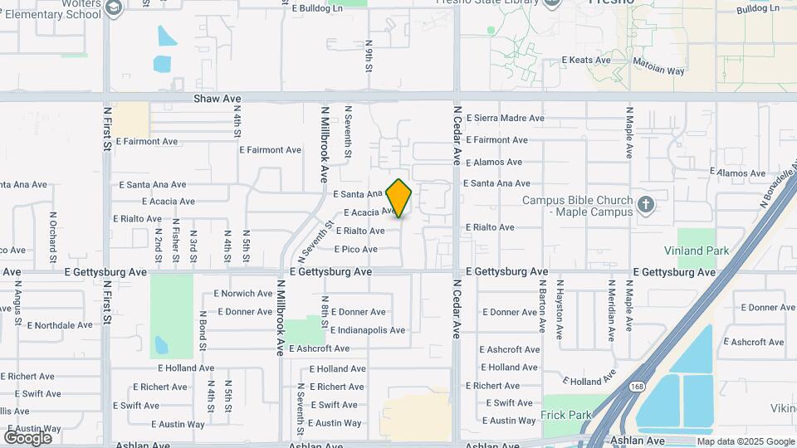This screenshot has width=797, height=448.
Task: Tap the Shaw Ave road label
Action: pos(218,99)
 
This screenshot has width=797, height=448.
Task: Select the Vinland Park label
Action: pos(697,251)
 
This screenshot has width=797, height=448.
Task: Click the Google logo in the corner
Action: pos(28,437)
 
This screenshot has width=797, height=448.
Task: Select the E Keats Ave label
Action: pos(586,61)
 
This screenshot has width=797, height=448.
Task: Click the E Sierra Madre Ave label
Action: pos(505,119)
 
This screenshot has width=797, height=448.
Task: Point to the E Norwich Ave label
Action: pos(243,294)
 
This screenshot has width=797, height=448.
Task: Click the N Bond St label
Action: pos(203,330)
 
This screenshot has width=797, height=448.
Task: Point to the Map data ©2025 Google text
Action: pos(745,441)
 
